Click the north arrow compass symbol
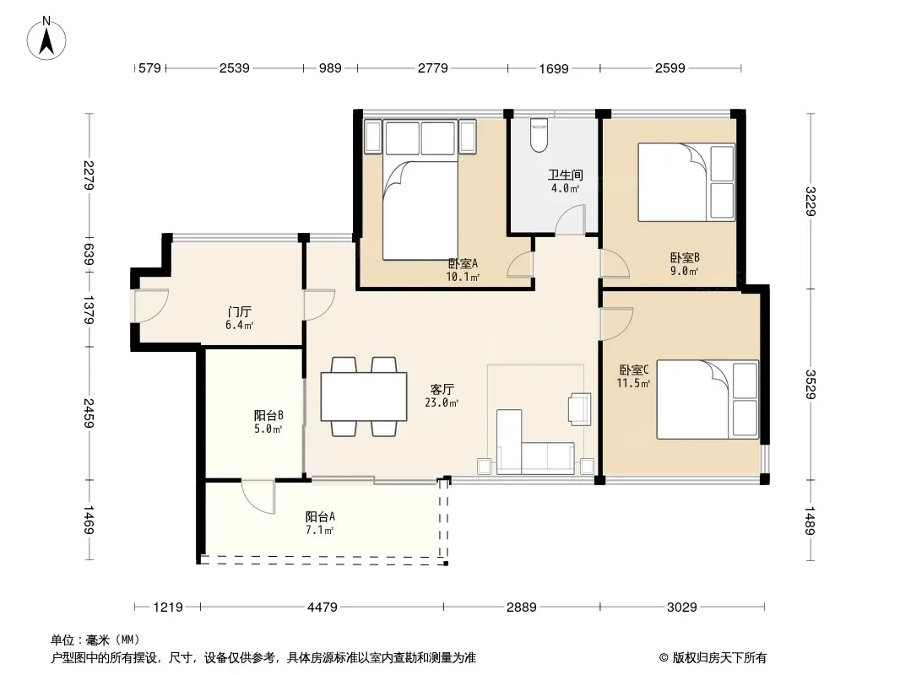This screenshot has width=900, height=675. (46, 39)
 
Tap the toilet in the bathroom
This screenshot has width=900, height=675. (539, 135)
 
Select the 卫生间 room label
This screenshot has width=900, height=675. (565, 175)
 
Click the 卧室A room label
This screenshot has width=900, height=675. (463, 264)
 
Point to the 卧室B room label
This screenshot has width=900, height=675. (685, 258)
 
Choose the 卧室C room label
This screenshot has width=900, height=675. (634, 370)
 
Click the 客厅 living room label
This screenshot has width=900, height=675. (442, 390)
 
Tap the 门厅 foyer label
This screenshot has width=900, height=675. (239, 312)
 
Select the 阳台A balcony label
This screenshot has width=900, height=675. (320, 516)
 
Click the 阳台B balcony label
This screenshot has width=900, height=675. (268, 415)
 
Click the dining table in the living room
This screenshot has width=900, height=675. (364, 397)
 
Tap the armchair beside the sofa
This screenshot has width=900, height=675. (580, 409)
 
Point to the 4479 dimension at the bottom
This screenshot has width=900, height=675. (323, 607)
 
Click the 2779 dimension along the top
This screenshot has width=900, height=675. (433, 68)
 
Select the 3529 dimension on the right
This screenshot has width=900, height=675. (810, 384)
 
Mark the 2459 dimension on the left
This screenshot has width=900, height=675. (89, 413)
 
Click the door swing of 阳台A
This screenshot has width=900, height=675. (258, 497)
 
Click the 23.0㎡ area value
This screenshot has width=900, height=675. (442, 403)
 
